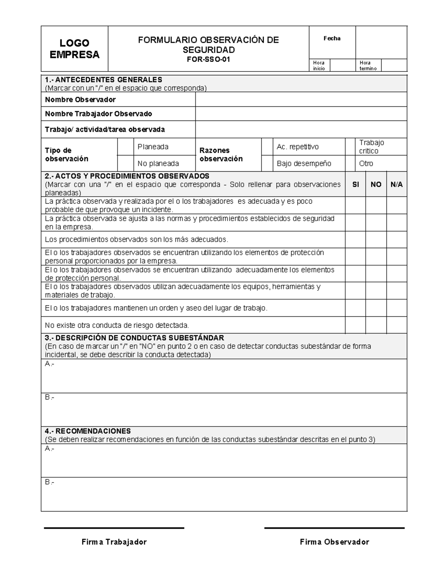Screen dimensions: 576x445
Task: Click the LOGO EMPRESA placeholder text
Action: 75,49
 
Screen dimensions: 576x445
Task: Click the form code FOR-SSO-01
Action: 208,59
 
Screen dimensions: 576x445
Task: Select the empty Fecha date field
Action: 381,42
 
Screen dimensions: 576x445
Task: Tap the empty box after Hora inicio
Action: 342,65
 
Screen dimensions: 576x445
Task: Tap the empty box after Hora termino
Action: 394,65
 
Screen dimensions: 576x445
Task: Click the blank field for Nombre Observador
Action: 301,100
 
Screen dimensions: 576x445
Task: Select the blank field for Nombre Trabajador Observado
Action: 301,114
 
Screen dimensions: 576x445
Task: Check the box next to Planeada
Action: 125,147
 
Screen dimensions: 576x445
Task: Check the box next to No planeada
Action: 125,164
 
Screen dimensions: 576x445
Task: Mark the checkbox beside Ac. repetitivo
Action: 267,147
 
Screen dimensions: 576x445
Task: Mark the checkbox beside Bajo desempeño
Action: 267,164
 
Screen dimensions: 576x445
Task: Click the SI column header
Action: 355,184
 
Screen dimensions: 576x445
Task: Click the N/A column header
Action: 396,184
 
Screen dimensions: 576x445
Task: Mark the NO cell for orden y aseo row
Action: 376,308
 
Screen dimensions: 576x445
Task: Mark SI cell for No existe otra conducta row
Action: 355,325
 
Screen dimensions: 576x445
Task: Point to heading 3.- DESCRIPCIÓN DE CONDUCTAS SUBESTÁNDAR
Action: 134,338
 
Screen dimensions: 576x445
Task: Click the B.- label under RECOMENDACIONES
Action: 49,482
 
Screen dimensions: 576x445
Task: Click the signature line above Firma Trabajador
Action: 114,528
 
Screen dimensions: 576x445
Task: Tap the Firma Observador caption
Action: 334,542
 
